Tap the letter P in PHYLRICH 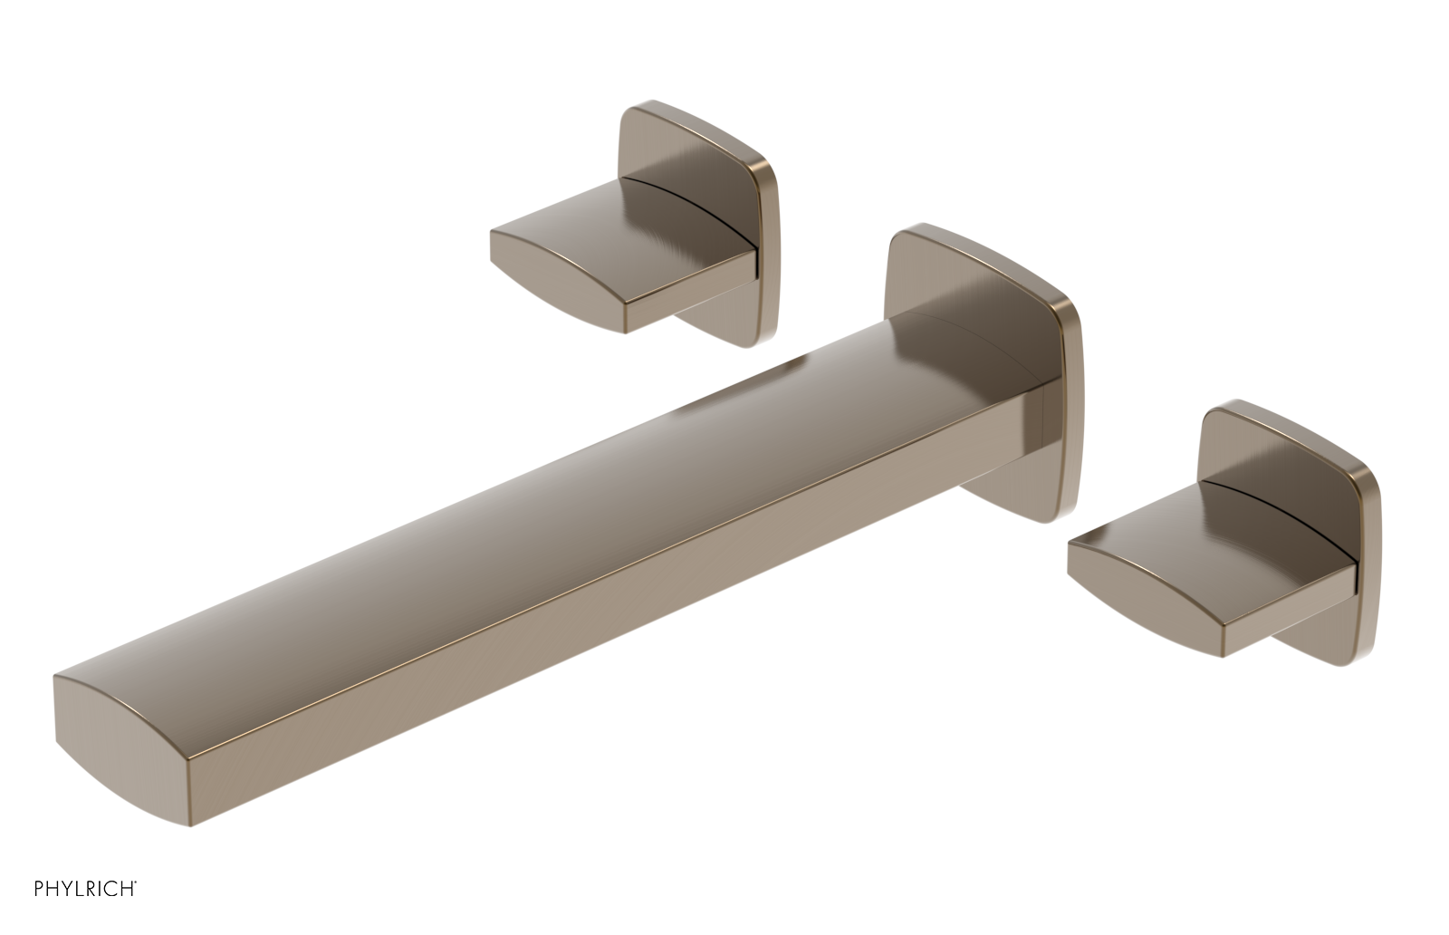(39, 889)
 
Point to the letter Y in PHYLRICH (67, 889)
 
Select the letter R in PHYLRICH (91, 889)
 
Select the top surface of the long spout (543, 507)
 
